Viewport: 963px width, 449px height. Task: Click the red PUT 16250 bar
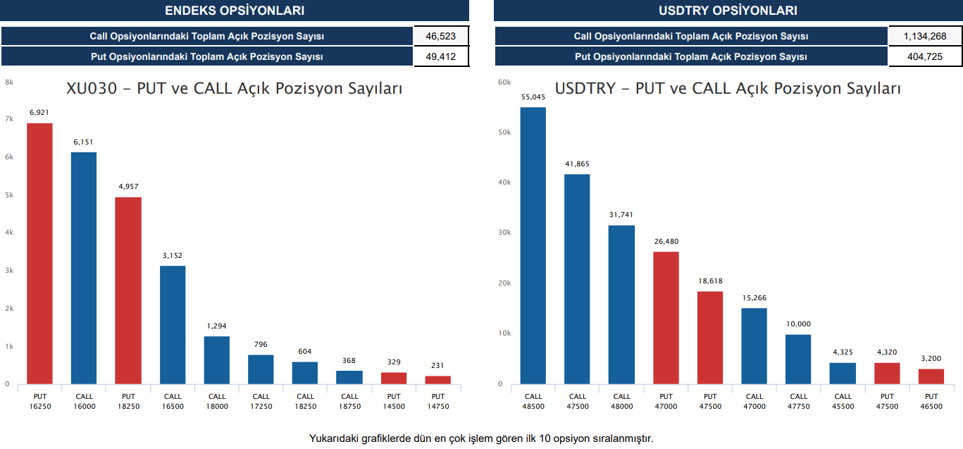pos(39,254)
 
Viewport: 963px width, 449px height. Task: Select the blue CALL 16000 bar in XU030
pos(84,268)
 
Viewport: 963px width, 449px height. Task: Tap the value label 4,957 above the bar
pos(128,186)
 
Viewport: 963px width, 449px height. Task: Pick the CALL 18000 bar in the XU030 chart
pos(217,360)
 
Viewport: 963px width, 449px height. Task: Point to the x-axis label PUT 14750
pos(438,401)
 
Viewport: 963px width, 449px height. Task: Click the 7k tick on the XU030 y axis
pos(9,118)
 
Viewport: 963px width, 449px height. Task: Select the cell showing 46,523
pos(441,36)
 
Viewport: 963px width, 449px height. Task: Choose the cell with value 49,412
pos(441,56)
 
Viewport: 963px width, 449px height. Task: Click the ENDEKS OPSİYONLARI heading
pos(235,11)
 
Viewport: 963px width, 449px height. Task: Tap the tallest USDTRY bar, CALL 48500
pos(533,245)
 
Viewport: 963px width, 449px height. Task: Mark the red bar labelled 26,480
pos(666,318)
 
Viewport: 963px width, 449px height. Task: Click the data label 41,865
pos(577,164)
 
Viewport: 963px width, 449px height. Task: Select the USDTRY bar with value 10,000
pos(798,359)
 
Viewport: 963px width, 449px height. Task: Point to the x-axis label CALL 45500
pos(843,401)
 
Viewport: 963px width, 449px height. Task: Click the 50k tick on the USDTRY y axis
pos(504,132)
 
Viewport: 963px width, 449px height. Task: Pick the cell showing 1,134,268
pos(925,36)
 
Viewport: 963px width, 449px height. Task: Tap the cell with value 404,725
pos(925,56)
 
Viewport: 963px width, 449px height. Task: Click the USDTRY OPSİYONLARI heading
pos(728,11)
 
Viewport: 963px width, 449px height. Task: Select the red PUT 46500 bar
pos(931,376)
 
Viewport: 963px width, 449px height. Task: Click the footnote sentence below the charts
pos(481,438)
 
